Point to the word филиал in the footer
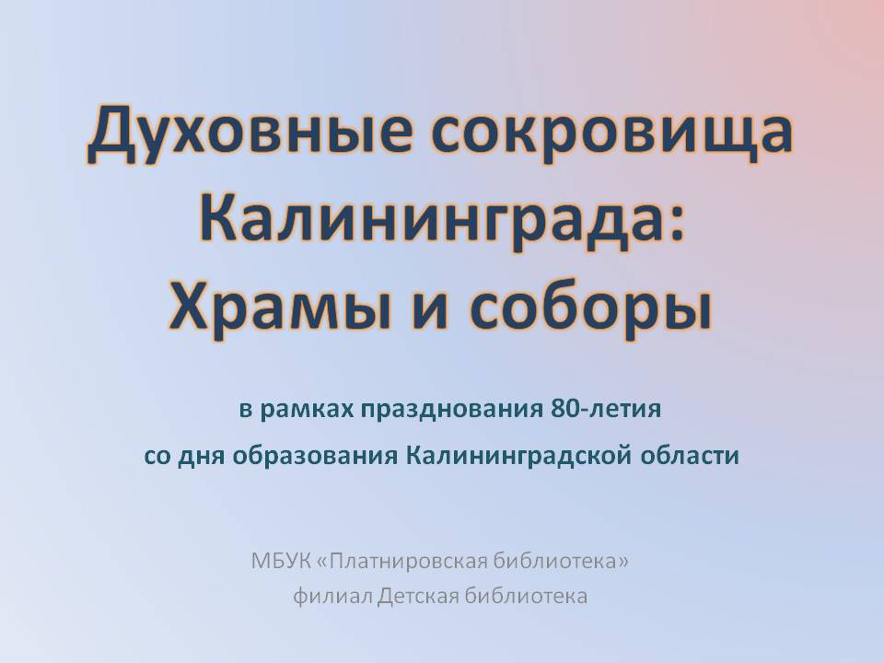[x=332, y=596]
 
